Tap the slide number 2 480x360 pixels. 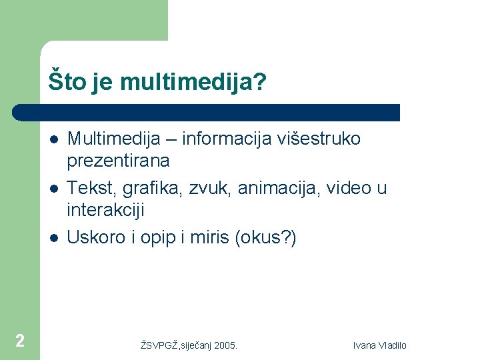tap(20, 341)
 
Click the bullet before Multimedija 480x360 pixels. tap(53, 139)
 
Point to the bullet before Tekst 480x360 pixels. tap(53, 189)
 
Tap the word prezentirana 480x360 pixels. tap(118, 161)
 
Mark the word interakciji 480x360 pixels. tap(105, 210)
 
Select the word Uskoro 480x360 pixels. tap(96, 237)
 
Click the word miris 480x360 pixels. tap(209, 237)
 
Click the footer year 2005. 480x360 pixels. tap(225, 345)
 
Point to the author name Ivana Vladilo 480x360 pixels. tap(380, 345)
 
